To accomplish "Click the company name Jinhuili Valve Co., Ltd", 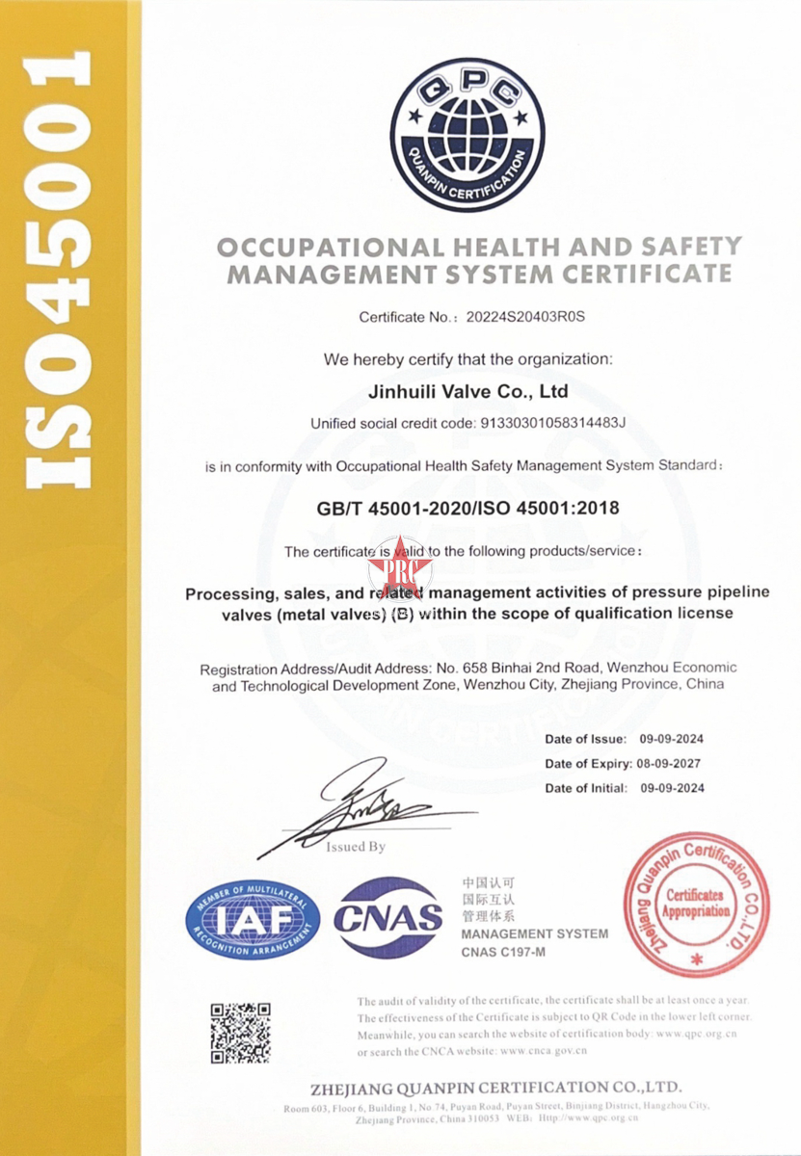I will pyautogui.click(x=468, y=392).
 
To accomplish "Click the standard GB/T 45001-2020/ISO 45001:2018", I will pyautogui.click(x=468, y=508).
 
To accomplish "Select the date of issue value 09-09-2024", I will pyautogui.click(x=672, y=739).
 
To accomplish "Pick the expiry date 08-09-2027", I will pyautogui.click(x=672, y=764).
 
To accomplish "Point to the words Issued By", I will pyautogui.click(x=356, y=847).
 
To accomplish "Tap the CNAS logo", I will pyautogui.click(x=388, y=918).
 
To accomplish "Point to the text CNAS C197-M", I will pyautogui.click(x=504, y=952).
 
